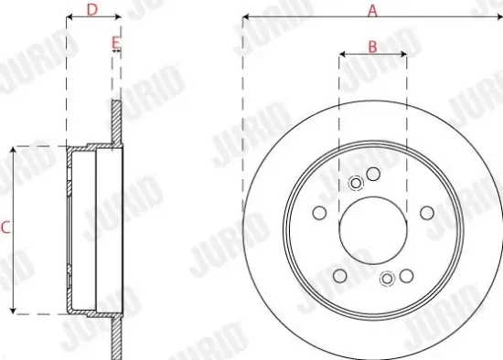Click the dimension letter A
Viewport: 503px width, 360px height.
point(372,10)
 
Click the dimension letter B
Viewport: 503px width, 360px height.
point(372,46)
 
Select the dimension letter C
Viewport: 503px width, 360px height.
point(5,229)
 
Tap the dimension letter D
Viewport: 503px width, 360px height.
point(91,10)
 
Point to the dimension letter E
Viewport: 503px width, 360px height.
point(115,42)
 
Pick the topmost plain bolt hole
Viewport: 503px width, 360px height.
point(372,174)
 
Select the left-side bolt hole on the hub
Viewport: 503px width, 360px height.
point(318,214)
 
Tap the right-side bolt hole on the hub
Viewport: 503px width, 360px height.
point(426,212)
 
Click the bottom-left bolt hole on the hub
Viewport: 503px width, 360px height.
point(339,276)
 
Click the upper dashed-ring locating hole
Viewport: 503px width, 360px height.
point(357,183)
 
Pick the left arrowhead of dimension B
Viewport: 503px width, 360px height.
point(341,54)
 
